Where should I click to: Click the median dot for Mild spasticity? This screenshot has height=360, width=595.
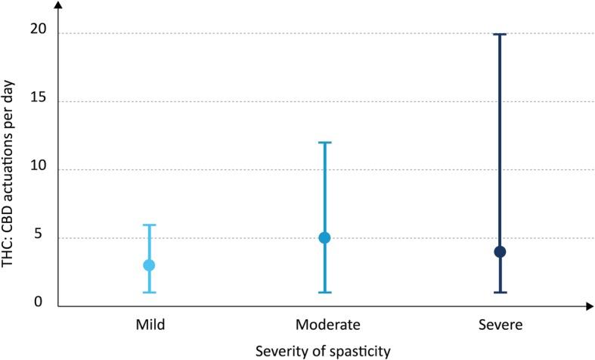tap(149, 265)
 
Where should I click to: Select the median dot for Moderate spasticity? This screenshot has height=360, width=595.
tap(324, 237)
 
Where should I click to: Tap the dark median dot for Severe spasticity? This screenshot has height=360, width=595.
tap(500, 251)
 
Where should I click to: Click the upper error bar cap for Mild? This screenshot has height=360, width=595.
tap(149, 225)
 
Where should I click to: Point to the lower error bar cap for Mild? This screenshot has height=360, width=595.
tap(149, 292)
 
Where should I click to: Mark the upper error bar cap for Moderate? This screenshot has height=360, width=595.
tap(324, 142)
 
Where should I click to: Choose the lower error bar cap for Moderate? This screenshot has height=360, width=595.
tap(324, 292)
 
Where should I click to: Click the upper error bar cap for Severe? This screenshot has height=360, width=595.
tap(500, 34)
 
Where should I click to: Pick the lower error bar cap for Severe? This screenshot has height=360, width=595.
tap(500, 292)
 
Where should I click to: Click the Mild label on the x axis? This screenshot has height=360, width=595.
tap(148, 324)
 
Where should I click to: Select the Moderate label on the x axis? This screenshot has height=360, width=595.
tap(324, 324)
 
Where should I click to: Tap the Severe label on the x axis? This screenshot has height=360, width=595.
tap(500, 324)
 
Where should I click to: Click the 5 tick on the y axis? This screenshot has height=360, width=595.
tap(42, 237)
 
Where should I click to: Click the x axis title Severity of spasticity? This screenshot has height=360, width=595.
tap(324, 350)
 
